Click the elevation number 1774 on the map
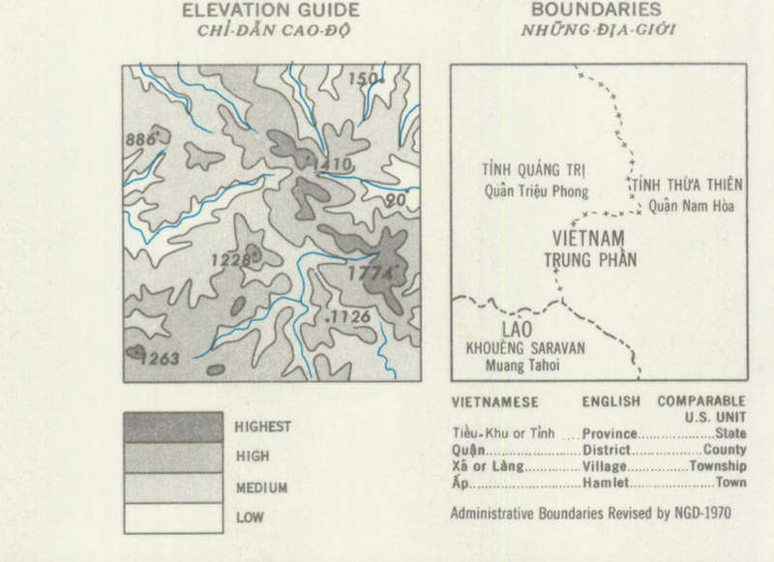pyautogui.click(x=372, y=274)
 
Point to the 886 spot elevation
pyautogui.click(x=141, y=139)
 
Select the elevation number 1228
pyautogui.click(x=234, y=258)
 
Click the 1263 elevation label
pyautogui.click(x=159, y=360)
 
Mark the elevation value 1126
pyautogui.click(x=350, y=316)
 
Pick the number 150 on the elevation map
pyautogui.click(x=365, y=79)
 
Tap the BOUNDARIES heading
pyautogui.click(x=590, y=11)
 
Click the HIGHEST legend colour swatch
pyautogui.click(x=170, y=426)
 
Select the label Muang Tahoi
pyautogui.click(x=520, y=365)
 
